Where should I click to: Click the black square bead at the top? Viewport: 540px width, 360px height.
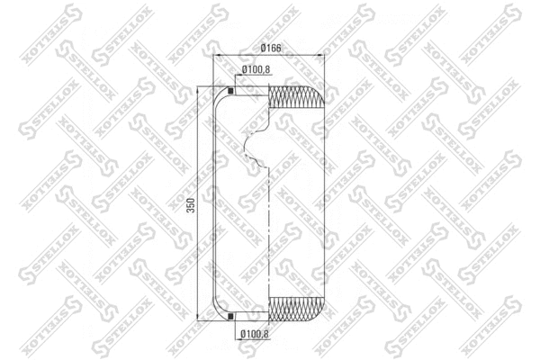click(230, 90)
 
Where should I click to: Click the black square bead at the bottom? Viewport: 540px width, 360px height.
click(230, 317)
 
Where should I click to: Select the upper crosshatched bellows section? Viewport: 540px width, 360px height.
click(293, 98)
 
